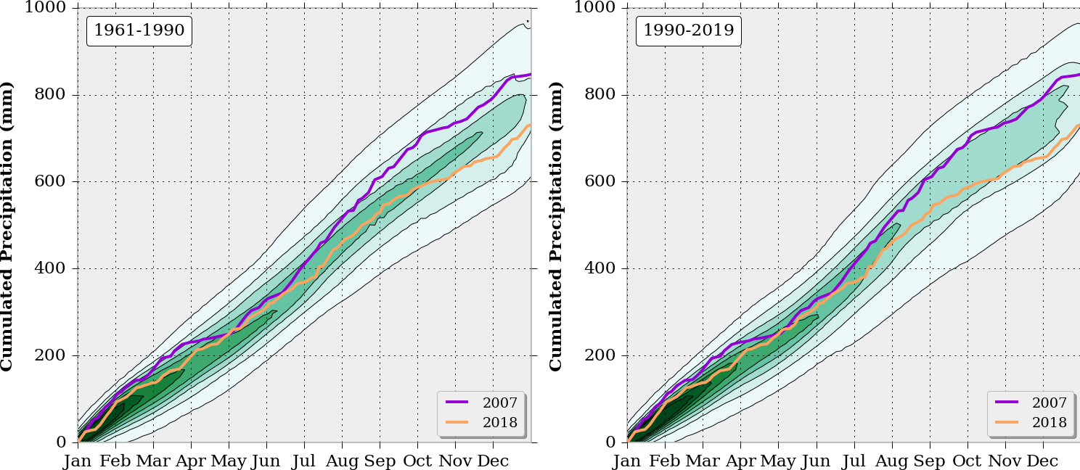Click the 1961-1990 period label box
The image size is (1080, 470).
(139, 30)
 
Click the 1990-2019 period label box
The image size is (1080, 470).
(688, 30)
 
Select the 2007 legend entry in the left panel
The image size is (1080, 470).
(480, 403)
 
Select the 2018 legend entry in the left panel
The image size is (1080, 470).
(480, 423)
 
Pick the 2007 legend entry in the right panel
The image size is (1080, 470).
(1031, 403)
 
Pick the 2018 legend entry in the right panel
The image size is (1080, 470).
(1031, 423)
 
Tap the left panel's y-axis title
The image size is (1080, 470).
(7, 225)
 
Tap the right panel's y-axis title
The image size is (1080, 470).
(557, 225)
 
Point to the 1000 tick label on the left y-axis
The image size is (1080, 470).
(46, 8)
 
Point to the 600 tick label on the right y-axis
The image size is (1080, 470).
(599, 181)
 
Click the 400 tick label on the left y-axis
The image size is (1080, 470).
(49, 268)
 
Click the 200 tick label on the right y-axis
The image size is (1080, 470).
(599, 355)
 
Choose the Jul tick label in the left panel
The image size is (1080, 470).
(304, 461)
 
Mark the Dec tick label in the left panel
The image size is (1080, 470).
(493, 461)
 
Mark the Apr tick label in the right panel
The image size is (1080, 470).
(740, 461)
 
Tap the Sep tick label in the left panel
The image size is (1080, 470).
(379, 461)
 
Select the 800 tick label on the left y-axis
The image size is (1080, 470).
(49, 94)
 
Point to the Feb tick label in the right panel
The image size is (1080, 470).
(665, 461)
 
